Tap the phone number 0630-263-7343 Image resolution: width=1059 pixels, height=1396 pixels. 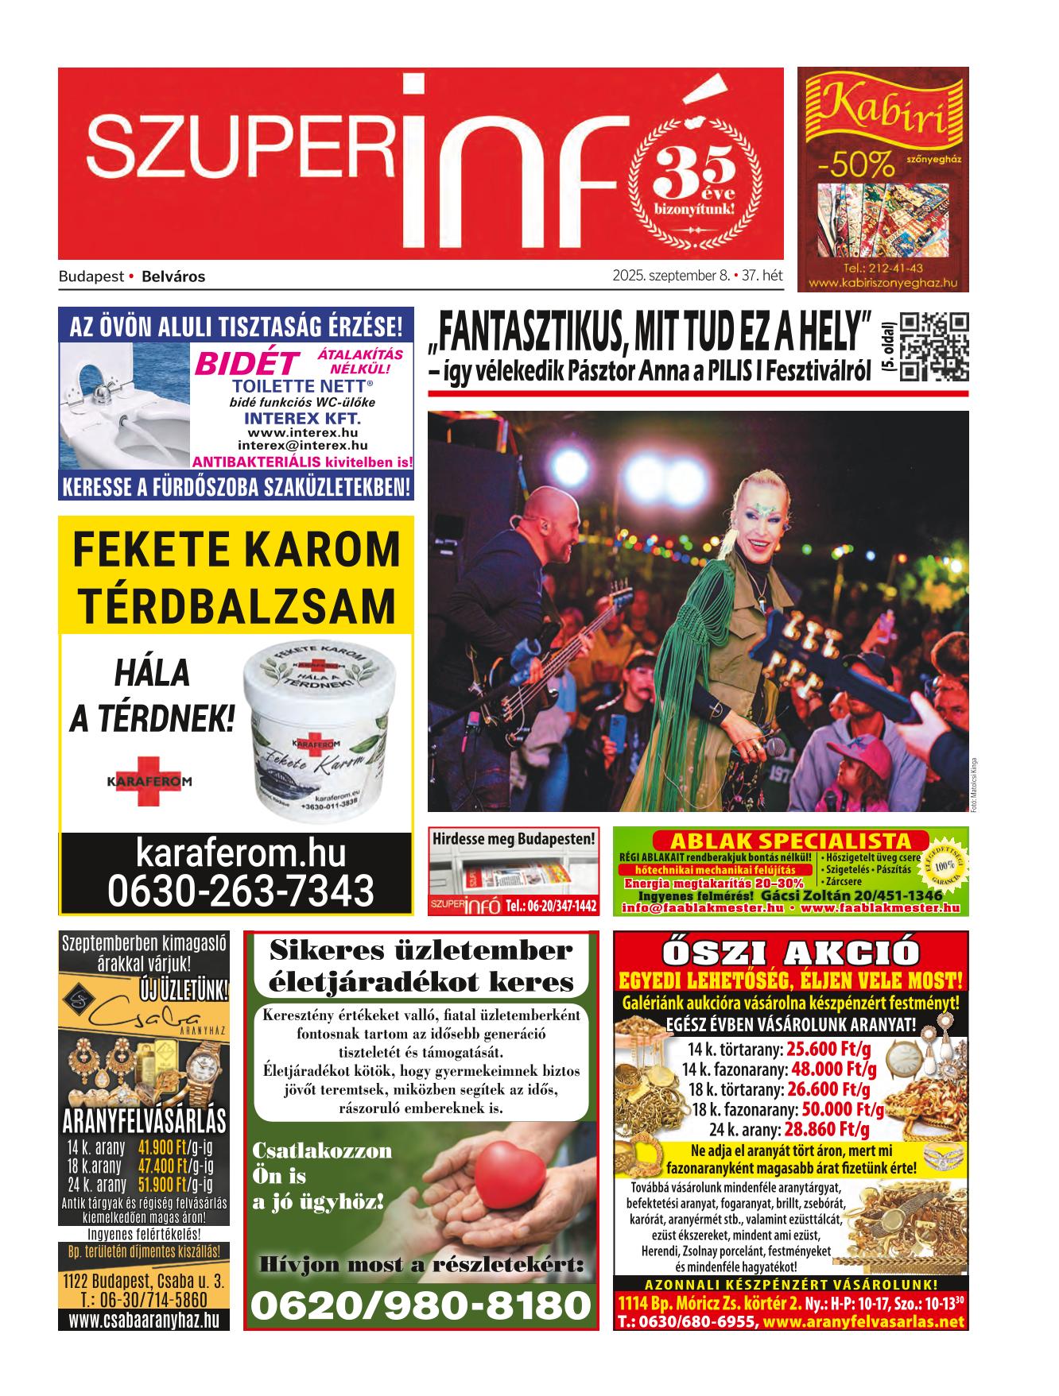241,890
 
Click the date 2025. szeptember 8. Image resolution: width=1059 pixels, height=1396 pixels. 671,276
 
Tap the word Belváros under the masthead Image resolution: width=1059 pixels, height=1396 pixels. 173,277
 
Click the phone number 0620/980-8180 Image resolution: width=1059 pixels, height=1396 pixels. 421,1305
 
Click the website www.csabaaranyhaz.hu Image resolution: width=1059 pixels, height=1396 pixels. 144,1321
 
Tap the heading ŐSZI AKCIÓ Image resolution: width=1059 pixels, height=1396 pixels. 790,953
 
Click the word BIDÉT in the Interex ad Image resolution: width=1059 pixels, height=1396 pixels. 246,364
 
